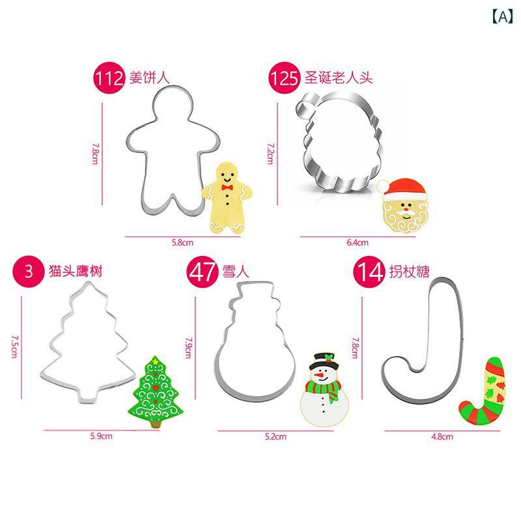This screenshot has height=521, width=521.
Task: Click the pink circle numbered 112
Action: click(109, 77)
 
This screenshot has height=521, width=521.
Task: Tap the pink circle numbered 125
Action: click(285, 77)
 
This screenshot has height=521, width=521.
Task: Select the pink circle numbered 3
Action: click(29, 271)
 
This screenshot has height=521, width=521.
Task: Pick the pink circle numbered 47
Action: click(203, 272)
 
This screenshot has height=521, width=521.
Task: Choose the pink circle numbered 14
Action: click(369, 272)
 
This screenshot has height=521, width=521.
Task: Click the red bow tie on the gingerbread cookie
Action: click(227, 188)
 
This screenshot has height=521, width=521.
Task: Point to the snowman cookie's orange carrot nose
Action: click(319, 376)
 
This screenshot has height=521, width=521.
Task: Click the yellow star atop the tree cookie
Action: click(155, 359)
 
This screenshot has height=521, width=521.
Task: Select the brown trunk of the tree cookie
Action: click(156, 423)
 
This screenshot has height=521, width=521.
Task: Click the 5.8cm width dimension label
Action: click(182, 242)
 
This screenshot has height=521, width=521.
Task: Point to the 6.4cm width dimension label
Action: click(358, 242)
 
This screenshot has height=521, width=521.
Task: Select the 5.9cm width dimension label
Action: click(102, 436)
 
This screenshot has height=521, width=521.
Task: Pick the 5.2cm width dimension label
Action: click(275, 436)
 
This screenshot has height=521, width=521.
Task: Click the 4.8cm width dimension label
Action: click(442, 436)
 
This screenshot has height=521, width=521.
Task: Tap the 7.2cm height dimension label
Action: click(271, 154)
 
